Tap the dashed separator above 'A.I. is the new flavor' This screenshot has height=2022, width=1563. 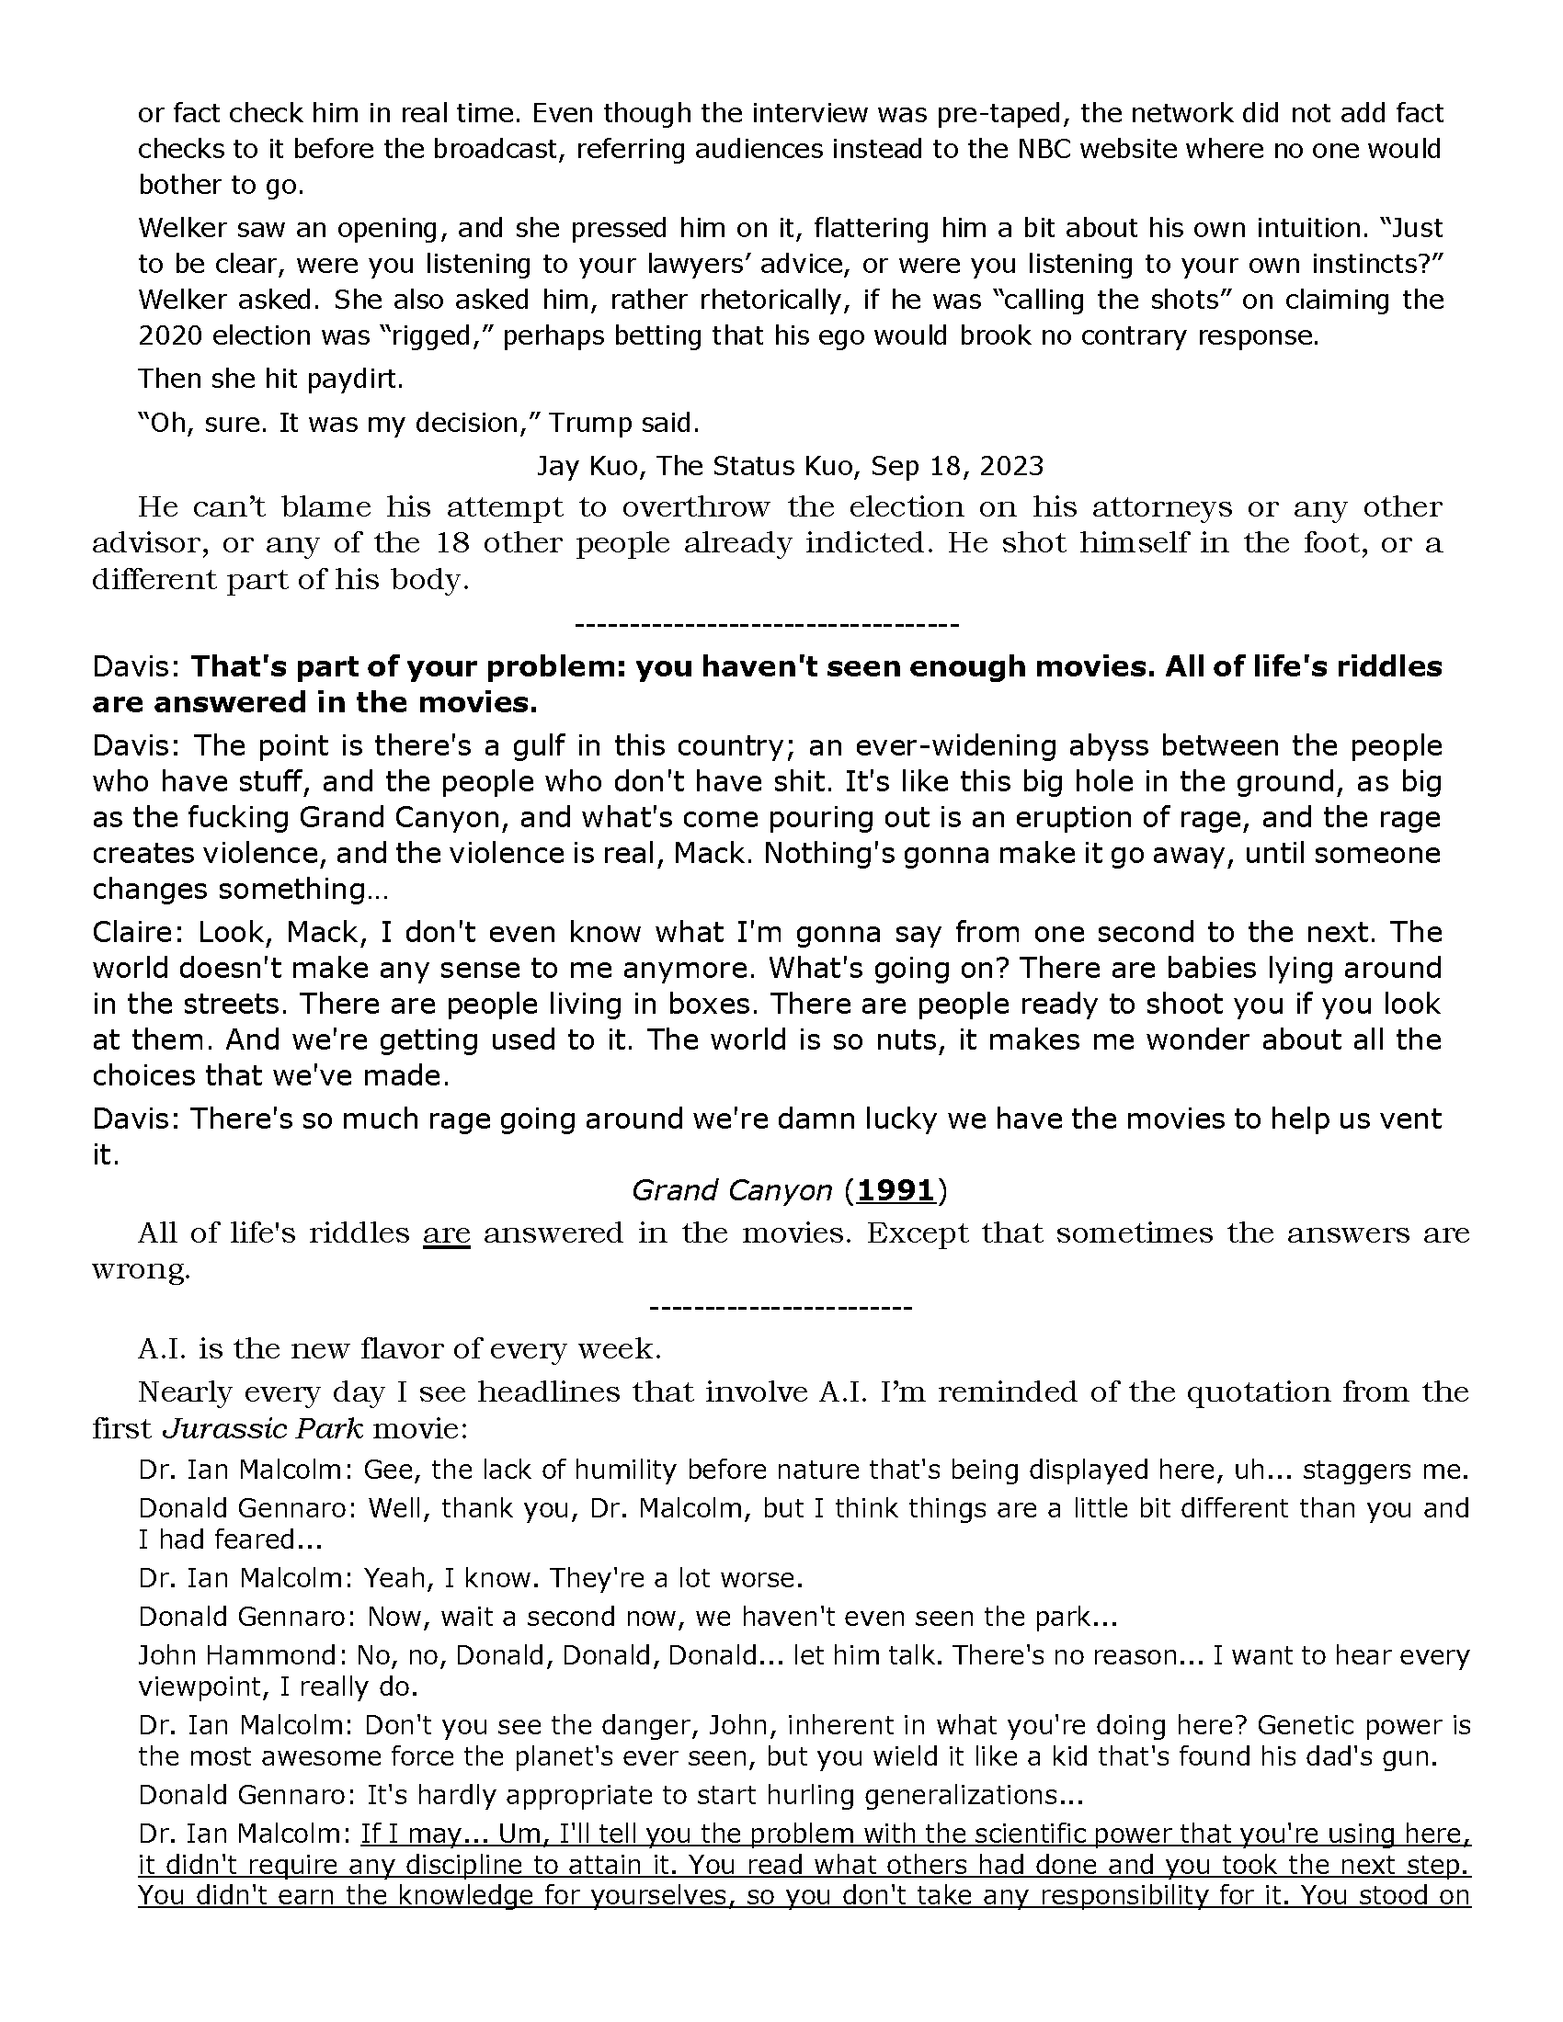tap(781, 1307)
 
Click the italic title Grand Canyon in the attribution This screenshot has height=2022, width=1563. tap(732, 1189)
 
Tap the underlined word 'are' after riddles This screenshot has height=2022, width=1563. tap(446, 1233)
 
